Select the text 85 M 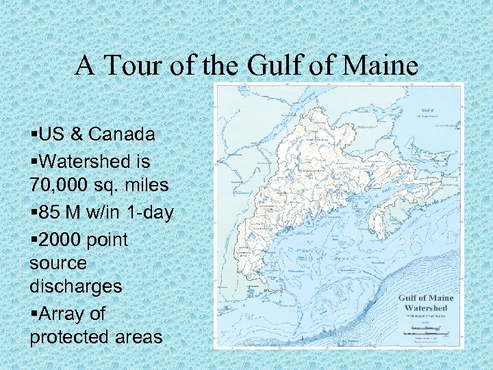pos(55,212)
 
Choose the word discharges pos(76,286)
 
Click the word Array pos(65,313)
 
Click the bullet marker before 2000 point pos(34,239)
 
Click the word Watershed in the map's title pos(426,308)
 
